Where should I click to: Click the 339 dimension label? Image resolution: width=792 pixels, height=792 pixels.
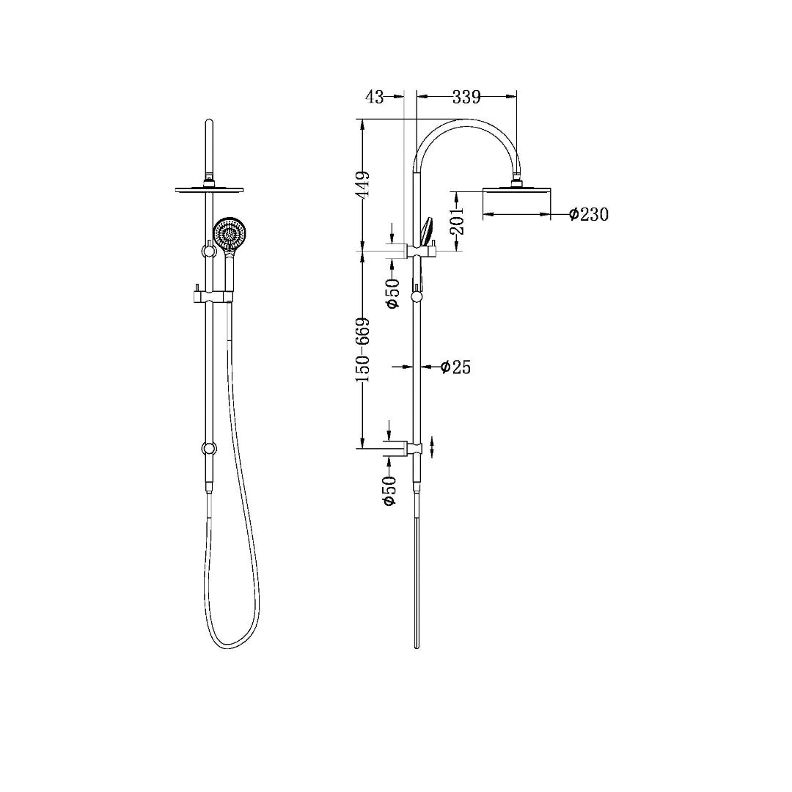tap(466, 96)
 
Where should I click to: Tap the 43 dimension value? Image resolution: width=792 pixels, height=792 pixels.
tap(374, 96)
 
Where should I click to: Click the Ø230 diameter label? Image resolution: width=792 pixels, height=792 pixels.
tap(589, 214)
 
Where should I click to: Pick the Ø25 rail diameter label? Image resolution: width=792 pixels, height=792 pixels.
tap(455, 367)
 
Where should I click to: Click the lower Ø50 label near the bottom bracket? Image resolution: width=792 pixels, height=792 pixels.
tap(389, 490)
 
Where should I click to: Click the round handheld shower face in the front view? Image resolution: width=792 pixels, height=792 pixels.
tap(231, 234)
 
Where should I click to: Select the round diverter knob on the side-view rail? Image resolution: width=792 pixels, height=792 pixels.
tap(417, 297)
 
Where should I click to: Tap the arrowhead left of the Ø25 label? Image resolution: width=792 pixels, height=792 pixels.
tap(406, 367)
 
